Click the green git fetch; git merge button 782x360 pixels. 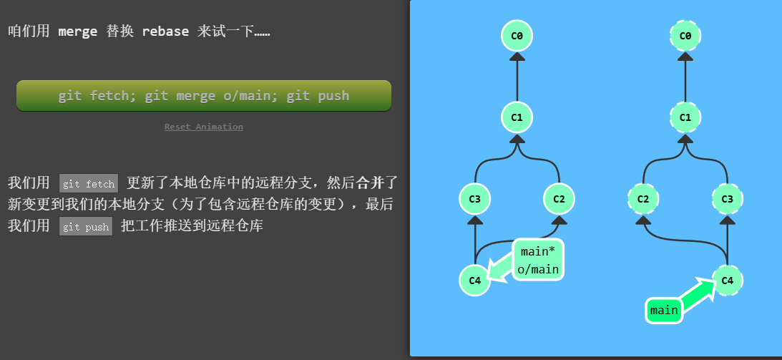tap(204, 96)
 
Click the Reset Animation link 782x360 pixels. tap(204, 127)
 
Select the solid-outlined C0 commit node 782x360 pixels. tap(517, 35)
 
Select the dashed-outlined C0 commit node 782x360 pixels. tap(685, 35)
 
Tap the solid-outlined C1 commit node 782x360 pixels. tap(517, 117)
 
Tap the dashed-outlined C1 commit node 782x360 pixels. tap(685, 117)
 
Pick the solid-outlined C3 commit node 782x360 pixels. tap(474, 198)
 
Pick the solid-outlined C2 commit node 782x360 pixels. tap(559, 198)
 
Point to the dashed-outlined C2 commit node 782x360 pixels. tap(643, 198)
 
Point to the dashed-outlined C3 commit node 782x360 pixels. tap(728, 198)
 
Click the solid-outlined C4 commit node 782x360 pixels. tap(474, 280)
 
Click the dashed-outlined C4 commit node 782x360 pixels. tap(728, 280)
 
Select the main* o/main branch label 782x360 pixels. tap(538, 260)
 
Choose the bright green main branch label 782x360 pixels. tap(664, 311)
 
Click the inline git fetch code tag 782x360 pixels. tap(89, 184)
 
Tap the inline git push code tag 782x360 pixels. tap(86, 227)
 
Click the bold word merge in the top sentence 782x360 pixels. tap(77, 31)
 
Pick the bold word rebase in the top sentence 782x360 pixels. tap(165, 31)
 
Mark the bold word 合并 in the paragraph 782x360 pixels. tap(371, 183)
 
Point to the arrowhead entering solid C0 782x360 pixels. tap(517, 58)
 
